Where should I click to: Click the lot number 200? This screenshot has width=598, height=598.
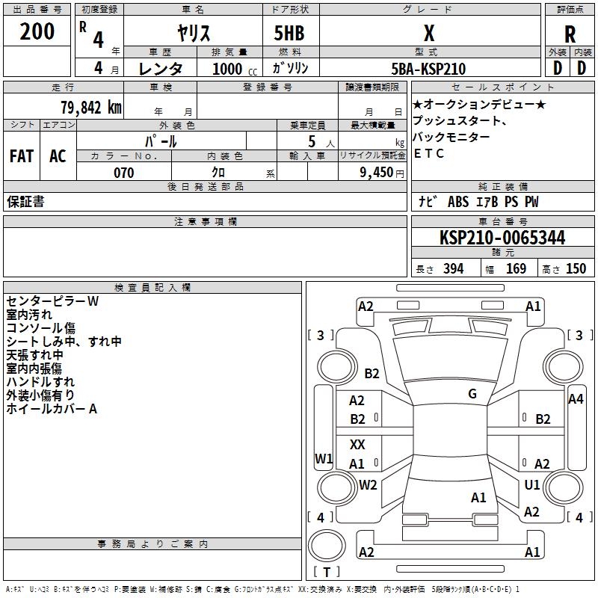[37, 31]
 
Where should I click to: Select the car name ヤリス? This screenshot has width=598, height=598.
[193, 33]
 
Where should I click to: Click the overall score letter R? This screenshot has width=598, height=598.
[570, 34]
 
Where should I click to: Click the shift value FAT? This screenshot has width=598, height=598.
[22, 155]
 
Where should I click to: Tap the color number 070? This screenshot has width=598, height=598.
[123, 173]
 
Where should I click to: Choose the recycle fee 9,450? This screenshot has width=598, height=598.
[377, 173]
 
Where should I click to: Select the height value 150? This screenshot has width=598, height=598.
[576, 269]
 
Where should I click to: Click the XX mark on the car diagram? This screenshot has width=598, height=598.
[357, 445]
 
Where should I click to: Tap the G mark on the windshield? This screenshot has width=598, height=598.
[472, 394]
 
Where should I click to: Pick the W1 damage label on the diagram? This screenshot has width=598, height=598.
[324, 458]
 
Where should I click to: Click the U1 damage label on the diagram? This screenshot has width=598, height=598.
[532, 484]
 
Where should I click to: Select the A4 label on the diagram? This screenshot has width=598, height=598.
[576, 399]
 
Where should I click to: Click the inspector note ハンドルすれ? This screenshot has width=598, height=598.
[40, 382]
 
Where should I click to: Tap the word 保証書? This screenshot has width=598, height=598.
[25, 202]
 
